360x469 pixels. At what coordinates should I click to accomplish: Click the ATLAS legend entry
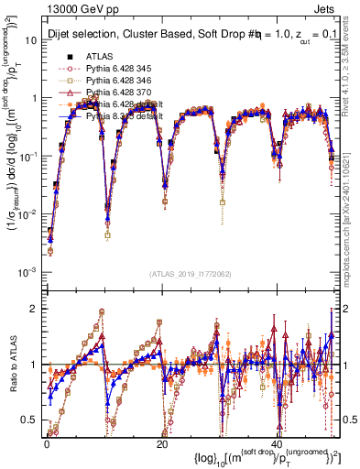[97, 57]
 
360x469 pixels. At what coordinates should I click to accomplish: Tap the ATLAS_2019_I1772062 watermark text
[191, 274]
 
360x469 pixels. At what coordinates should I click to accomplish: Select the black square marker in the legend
[58, 57]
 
